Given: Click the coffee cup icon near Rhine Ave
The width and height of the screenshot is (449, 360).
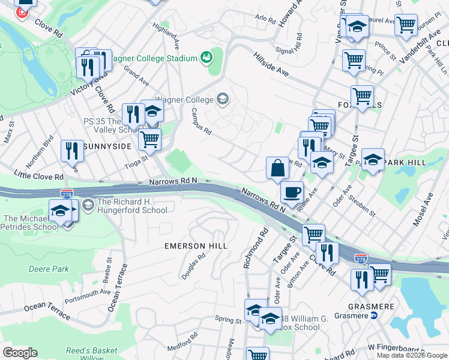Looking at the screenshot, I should click(292, 193).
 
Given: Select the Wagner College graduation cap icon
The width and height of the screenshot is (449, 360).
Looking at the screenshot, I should click(223, 98).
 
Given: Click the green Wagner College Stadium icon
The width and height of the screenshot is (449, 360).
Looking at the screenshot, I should click(206, 58).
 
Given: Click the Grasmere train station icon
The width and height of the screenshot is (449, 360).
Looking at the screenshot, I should click(373, 315).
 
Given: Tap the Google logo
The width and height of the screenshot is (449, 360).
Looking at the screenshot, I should click(20, 353).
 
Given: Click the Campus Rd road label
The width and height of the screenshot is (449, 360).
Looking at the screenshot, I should click(201, 121).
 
